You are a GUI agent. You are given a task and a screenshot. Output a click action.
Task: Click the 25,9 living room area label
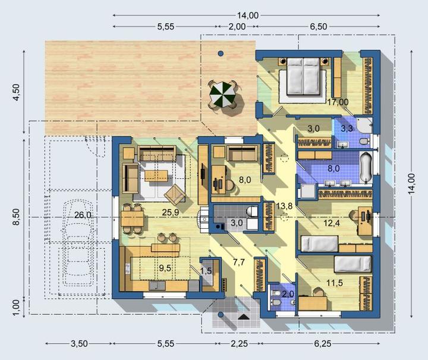coord(171,212)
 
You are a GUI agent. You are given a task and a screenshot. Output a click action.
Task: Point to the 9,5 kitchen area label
coord(165,269)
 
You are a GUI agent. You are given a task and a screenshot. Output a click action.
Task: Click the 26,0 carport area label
coord(83,215)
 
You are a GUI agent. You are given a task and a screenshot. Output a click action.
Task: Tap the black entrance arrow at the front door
coord(244,317)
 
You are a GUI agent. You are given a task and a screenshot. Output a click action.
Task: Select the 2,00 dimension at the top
coord(237,27)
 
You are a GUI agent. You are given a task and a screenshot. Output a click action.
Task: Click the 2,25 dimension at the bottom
coord(240,343)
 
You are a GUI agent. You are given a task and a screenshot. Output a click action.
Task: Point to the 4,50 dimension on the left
coord(17,92)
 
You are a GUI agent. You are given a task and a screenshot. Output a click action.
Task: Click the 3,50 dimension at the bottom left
coord(80,343)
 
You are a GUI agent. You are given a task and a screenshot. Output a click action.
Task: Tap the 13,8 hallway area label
coord(284,206)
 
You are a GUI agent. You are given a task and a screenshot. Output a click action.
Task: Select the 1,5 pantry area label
coord(206,271)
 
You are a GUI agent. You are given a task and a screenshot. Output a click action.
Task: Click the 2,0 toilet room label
coord(288,294)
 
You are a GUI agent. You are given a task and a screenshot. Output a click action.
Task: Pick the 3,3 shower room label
coord(347,128)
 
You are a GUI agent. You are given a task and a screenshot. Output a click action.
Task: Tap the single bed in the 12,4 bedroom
coord(319,244)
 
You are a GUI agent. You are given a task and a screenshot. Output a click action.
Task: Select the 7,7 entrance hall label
coord(238,262)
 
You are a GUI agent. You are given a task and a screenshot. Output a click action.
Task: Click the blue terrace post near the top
coord(221,53)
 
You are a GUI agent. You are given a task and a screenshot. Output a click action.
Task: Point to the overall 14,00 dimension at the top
coord(247,15)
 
